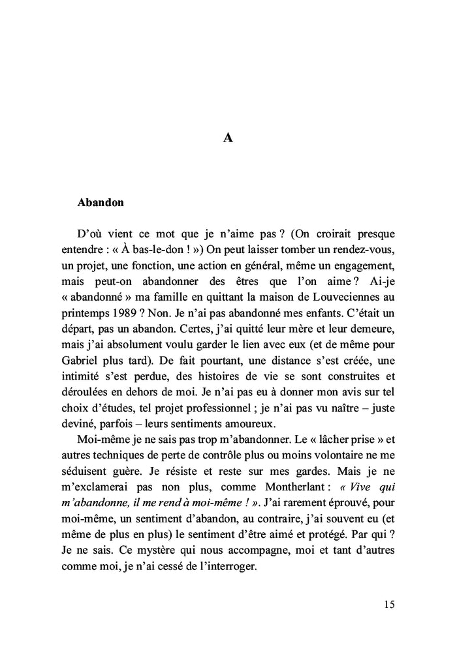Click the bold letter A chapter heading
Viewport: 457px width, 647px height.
pos(228,138)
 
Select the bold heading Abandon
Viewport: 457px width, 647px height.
pos(101,202)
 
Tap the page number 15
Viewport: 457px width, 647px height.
pos(388,604)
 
